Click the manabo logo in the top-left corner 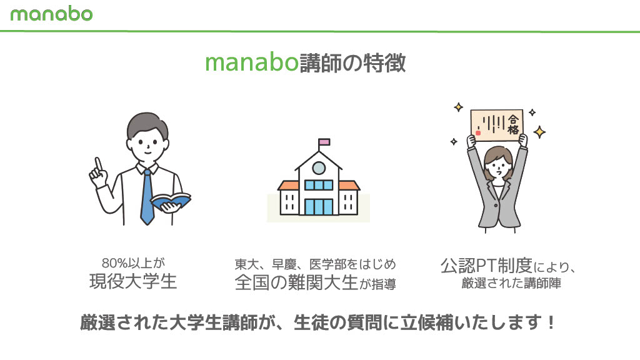[x=51, y=14]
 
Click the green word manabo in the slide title [x=252, y=63]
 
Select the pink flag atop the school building [x=324, y=142]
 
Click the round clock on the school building [x=318, y=167]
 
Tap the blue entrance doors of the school [x=319, y=207]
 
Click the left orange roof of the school [x=288, y=186]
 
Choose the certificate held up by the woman [x=497, y=124]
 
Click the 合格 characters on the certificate [x=513, y=124]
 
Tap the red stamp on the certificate [x=478, y=132]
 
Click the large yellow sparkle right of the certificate [x=539, y=132]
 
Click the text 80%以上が [x=134, y=263]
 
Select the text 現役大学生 [x=134, y=282]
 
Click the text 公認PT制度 [x=486, y=266]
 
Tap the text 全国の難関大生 [x=296, y=282]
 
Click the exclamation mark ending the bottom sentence [x=551, y=322]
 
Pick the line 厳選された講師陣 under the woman [x=511, y=283]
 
